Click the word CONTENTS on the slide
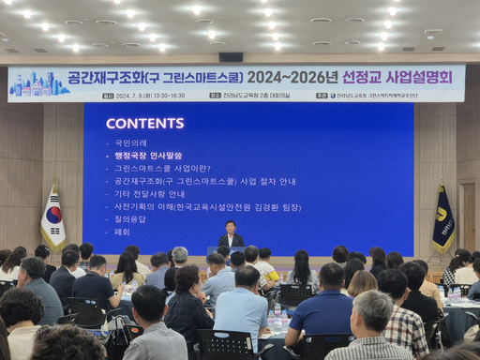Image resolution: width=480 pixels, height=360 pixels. (144, 124)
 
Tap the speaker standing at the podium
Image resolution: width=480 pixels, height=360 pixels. (230, 236)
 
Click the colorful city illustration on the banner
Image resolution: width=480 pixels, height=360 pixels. (38, 84)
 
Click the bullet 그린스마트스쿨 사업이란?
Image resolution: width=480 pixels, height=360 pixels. (156, 168)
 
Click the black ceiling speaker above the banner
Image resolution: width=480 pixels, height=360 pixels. (231, 57)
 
